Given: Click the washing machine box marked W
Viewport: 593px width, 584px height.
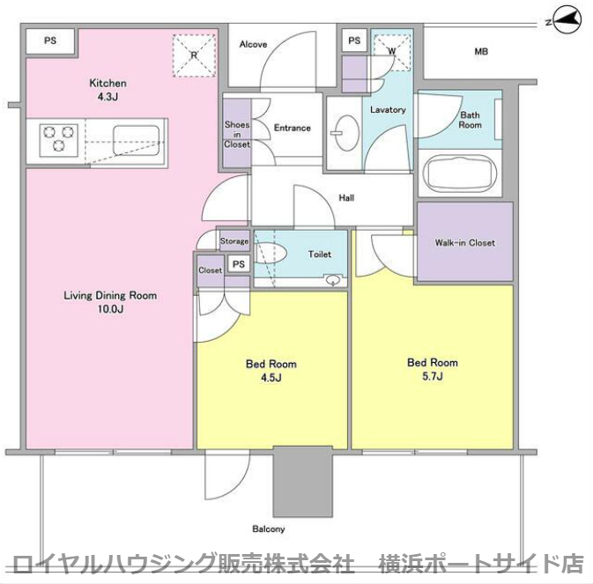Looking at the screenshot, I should click(x=391, y=49).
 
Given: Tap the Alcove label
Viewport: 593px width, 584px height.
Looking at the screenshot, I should click(x=253, y=45).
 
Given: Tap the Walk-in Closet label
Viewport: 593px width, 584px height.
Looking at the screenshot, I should click(x=464, y=243).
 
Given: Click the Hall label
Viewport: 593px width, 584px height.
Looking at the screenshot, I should click(x=347, y=198).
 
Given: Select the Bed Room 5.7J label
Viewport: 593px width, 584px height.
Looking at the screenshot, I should click(x=432, y=369).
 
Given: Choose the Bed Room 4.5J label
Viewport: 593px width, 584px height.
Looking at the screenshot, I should click(x=271, y=371).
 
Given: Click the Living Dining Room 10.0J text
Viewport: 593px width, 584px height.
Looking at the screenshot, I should click(x=110, y=302).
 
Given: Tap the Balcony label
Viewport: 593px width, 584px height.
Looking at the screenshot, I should click(x=269, y=529).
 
